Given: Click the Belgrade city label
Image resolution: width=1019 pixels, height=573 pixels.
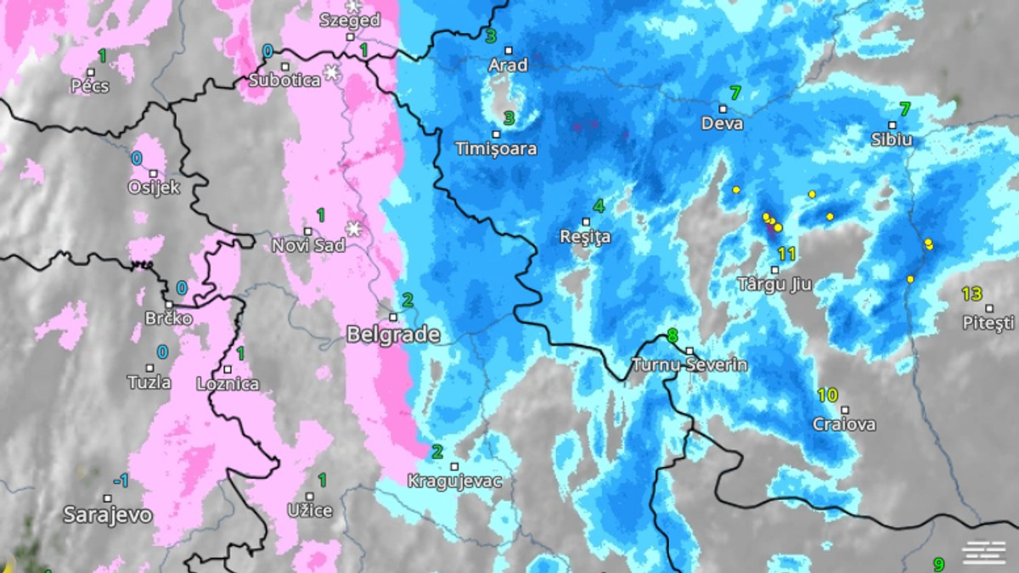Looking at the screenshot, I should pyautogui.click(x=393, y=335).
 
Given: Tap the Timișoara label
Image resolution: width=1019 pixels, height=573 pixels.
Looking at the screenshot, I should pyautogui.click(x=497, y=149).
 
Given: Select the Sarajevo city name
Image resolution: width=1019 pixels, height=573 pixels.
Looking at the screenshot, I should pyautogui.click(x=109, y=514).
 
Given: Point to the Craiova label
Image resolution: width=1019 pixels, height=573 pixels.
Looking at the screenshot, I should pyautogui.click(x=844, y=424).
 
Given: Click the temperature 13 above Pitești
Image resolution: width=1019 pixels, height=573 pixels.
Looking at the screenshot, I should pyautogui.click(x=971, y=295).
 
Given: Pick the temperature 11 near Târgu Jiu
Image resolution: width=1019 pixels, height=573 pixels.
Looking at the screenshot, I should pyautogui.click(x=786, y=254).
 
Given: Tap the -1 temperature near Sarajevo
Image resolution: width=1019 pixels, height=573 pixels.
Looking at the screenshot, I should pyautogui.click(x=121, y=481).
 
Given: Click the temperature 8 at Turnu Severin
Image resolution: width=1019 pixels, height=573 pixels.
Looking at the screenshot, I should pyautogui.click(x=673, y=335).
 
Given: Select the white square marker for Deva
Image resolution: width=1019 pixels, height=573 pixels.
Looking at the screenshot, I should pyautogui.click(x=723, y=109).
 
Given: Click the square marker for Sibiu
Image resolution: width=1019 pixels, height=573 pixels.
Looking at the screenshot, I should pyautogui.click(x=892, y=126).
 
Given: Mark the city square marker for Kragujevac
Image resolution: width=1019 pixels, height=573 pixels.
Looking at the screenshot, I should pyautogui.click(x=455, y=466).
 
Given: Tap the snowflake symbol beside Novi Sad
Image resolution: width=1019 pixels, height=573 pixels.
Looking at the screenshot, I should pyautogui.click(x=354, y=229).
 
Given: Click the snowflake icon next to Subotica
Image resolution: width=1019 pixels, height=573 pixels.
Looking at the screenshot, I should pyautogui.click(x=331, y=73).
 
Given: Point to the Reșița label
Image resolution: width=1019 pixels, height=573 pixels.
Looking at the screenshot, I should pyautogui.click(x=585, y=238).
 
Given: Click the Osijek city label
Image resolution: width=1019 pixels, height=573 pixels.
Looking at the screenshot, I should pyautogui.click(x=154, y=188).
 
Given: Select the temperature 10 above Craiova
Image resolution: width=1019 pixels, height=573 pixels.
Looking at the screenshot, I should pyautogui.click(x=827, y=395).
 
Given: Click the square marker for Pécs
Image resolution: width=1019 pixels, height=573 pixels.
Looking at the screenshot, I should pyautogui.click(x=91, y=72).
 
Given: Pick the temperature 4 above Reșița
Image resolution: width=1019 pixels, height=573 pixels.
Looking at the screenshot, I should pyautogui.click(x=599, y=206).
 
